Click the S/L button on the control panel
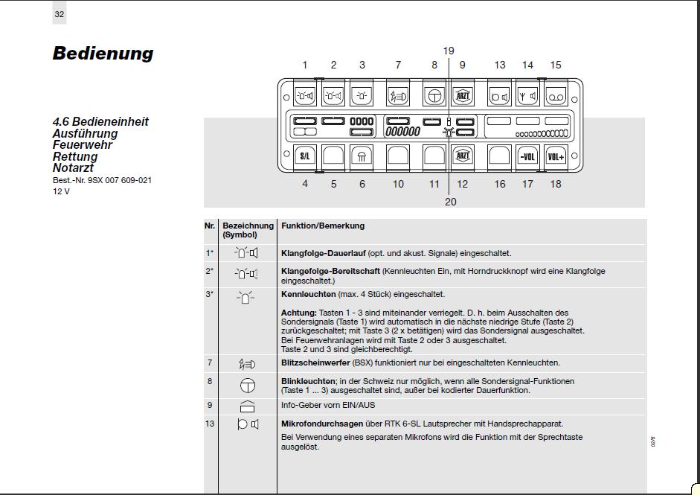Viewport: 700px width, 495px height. [305, 156]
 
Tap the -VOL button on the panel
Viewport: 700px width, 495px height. [527, 156]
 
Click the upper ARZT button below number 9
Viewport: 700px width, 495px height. [462, 96]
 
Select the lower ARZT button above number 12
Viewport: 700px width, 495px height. [462, 156]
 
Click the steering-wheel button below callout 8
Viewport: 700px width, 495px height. [434, 96]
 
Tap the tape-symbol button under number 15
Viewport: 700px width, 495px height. [556, 96]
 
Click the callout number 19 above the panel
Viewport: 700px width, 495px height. [448, 51]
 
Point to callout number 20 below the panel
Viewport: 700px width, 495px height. [450, 202]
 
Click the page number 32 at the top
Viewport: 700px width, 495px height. [59, 14]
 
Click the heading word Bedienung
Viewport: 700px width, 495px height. [103, 54]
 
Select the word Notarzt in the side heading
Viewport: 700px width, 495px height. [73, 168]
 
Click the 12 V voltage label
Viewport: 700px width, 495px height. [61, 191]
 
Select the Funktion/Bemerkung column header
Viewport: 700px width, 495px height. [323, 226]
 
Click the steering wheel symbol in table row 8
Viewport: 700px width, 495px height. [246, 385]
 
